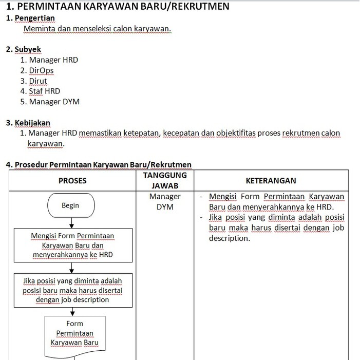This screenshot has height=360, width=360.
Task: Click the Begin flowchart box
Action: (70, 205)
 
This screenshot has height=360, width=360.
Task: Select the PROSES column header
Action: (72, 180)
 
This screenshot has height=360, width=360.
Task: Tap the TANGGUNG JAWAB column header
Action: (165, 180)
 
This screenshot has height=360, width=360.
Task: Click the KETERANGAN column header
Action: (271, 180)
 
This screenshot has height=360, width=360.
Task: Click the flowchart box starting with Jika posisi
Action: (72, 290)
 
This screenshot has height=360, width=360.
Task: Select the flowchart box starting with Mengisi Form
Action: (72, 245)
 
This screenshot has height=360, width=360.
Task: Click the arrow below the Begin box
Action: (72, 223)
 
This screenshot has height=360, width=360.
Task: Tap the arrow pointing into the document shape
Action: (72, 311)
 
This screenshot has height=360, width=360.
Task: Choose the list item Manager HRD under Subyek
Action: (49, 60)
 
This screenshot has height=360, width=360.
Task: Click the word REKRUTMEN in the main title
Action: (200, 6)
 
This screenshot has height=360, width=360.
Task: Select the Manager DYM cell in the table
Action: (165, 202)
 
